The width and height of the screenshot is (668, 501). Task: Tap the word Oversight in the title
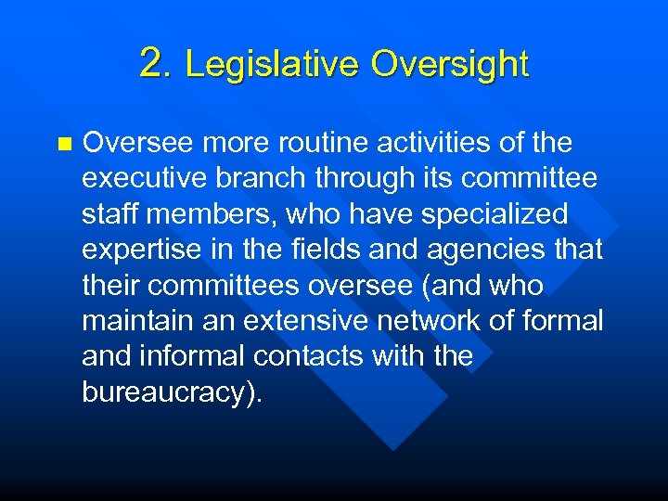point(450,64)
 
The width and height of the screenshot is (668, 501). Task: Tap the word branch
point(263,179)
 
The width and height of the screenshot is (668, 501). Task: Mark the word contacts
point(322,355)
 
